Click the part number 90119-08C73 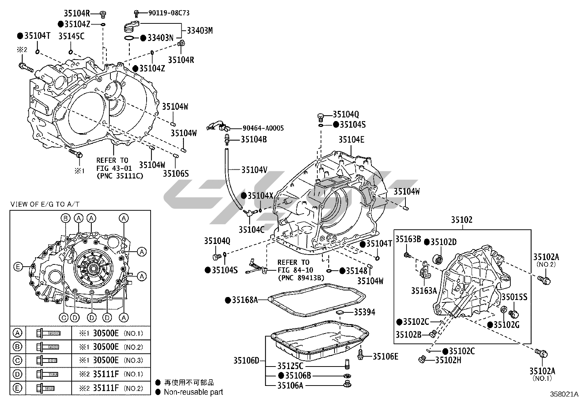169,13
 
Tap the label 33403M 200,31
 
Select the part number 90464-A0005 263,128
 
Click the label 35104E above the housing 351,140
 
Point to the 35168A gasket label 245,300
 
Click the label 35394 364,312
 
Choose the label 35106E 385,356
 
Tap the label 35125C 290,366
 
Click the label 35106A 290,386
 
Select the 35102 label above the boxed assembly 461,220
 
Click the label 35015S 514,297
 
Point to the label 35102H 448,360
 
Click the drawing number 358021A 564,394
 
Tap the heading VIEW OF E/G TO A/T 45,204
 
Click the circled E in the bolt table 18,388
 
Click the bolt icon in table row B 48,347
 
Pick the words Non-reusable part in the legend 193,392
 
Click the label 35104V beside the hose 254,170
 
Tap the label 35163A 424,291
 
